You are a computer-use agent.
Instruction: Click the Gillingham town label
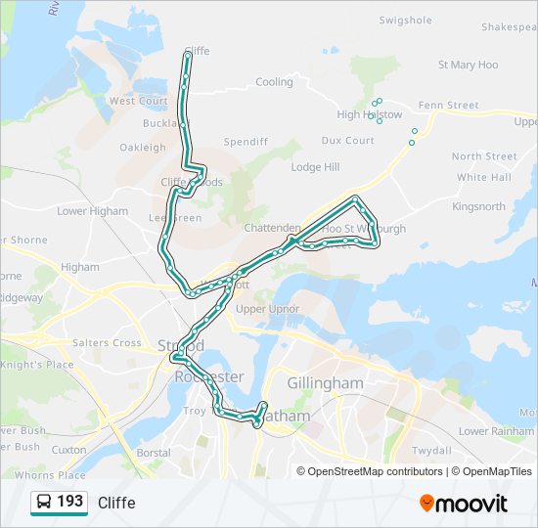coord(325,383)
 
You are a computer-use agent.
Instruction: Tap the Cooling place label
coord(274,83)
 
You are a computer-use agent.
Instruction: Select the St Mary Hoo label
coord(468,66)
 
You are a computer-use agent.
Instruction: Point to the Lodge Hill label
coord(314,167)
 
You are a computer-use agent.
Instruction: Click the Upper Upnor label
coord(267,310)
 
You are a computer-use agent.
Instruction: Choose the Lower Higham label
coord(92,211)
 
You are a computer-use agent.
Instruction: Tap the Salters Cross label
coord(107,343)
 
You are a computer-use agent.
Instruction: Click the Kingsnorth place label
coord(478,207)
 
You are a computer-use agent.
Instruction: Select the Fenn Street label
coord(448,106)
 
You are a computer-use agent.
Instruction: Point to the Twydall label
coord(431,451)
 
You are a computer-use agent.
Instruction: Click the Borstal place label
coord(154,454)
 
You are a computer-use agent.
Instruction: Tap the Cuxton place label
coord(68,450)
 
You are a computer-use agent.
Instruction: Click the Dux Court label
coord(347,141)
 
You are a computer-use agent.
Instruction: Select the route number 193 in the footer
coord(70,502)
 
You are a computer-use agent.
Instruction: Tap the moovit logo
coord(464,504)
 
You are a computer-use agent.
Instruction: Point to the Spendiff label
coord(246,142)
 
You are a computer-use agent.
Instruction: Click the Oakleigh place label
coord(143,148)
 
